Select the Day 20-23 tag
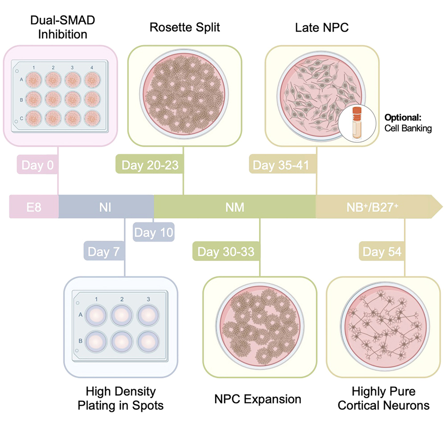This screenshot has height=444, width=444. coord(150,165)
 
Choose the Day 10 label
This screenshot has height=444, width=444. coord(154,233)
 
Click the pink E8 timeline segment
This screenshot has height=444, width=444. coord(34,207)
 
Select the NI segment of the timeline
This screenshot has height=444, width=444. coord(106,207)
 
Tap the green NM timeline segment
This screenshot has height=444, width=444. coord(235,207)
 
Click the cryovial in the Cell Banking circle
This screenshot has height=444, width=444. coord(356,122)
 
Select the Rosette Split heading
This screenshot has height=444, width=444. coord(185,28)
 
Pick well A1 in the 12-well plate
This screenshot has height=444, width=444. coord(33,80)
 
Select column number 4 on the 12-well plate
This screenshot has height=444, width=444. coord(92,67)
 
